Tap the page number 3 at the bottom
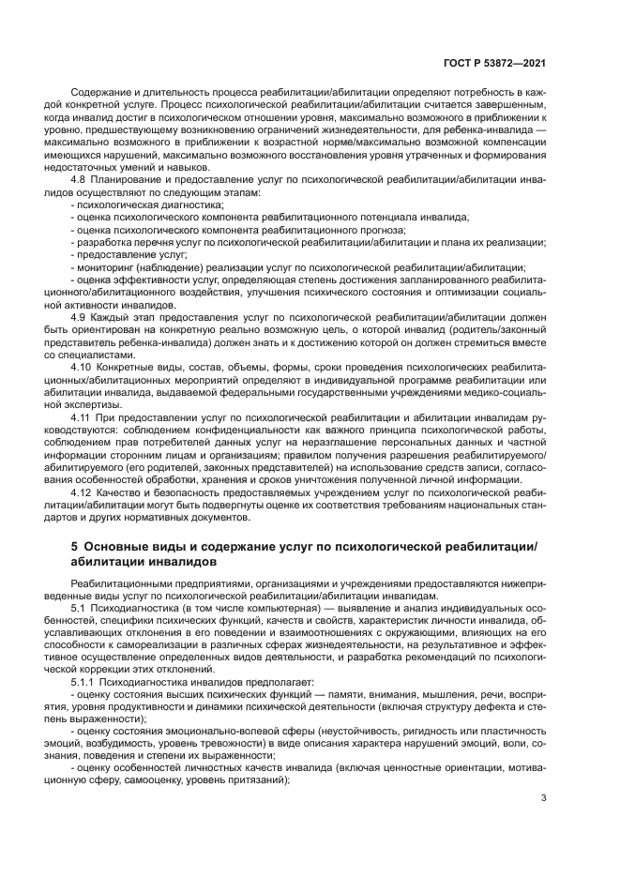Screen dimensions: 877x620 click(x=545, y=799)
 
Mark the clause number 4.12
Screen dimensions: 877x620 click(x=83, y=491)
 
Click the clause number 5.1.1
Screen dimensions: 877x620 click(x=85, y=682)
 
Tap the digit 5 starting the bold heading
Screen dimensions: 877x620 click(x=75, y=546)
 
